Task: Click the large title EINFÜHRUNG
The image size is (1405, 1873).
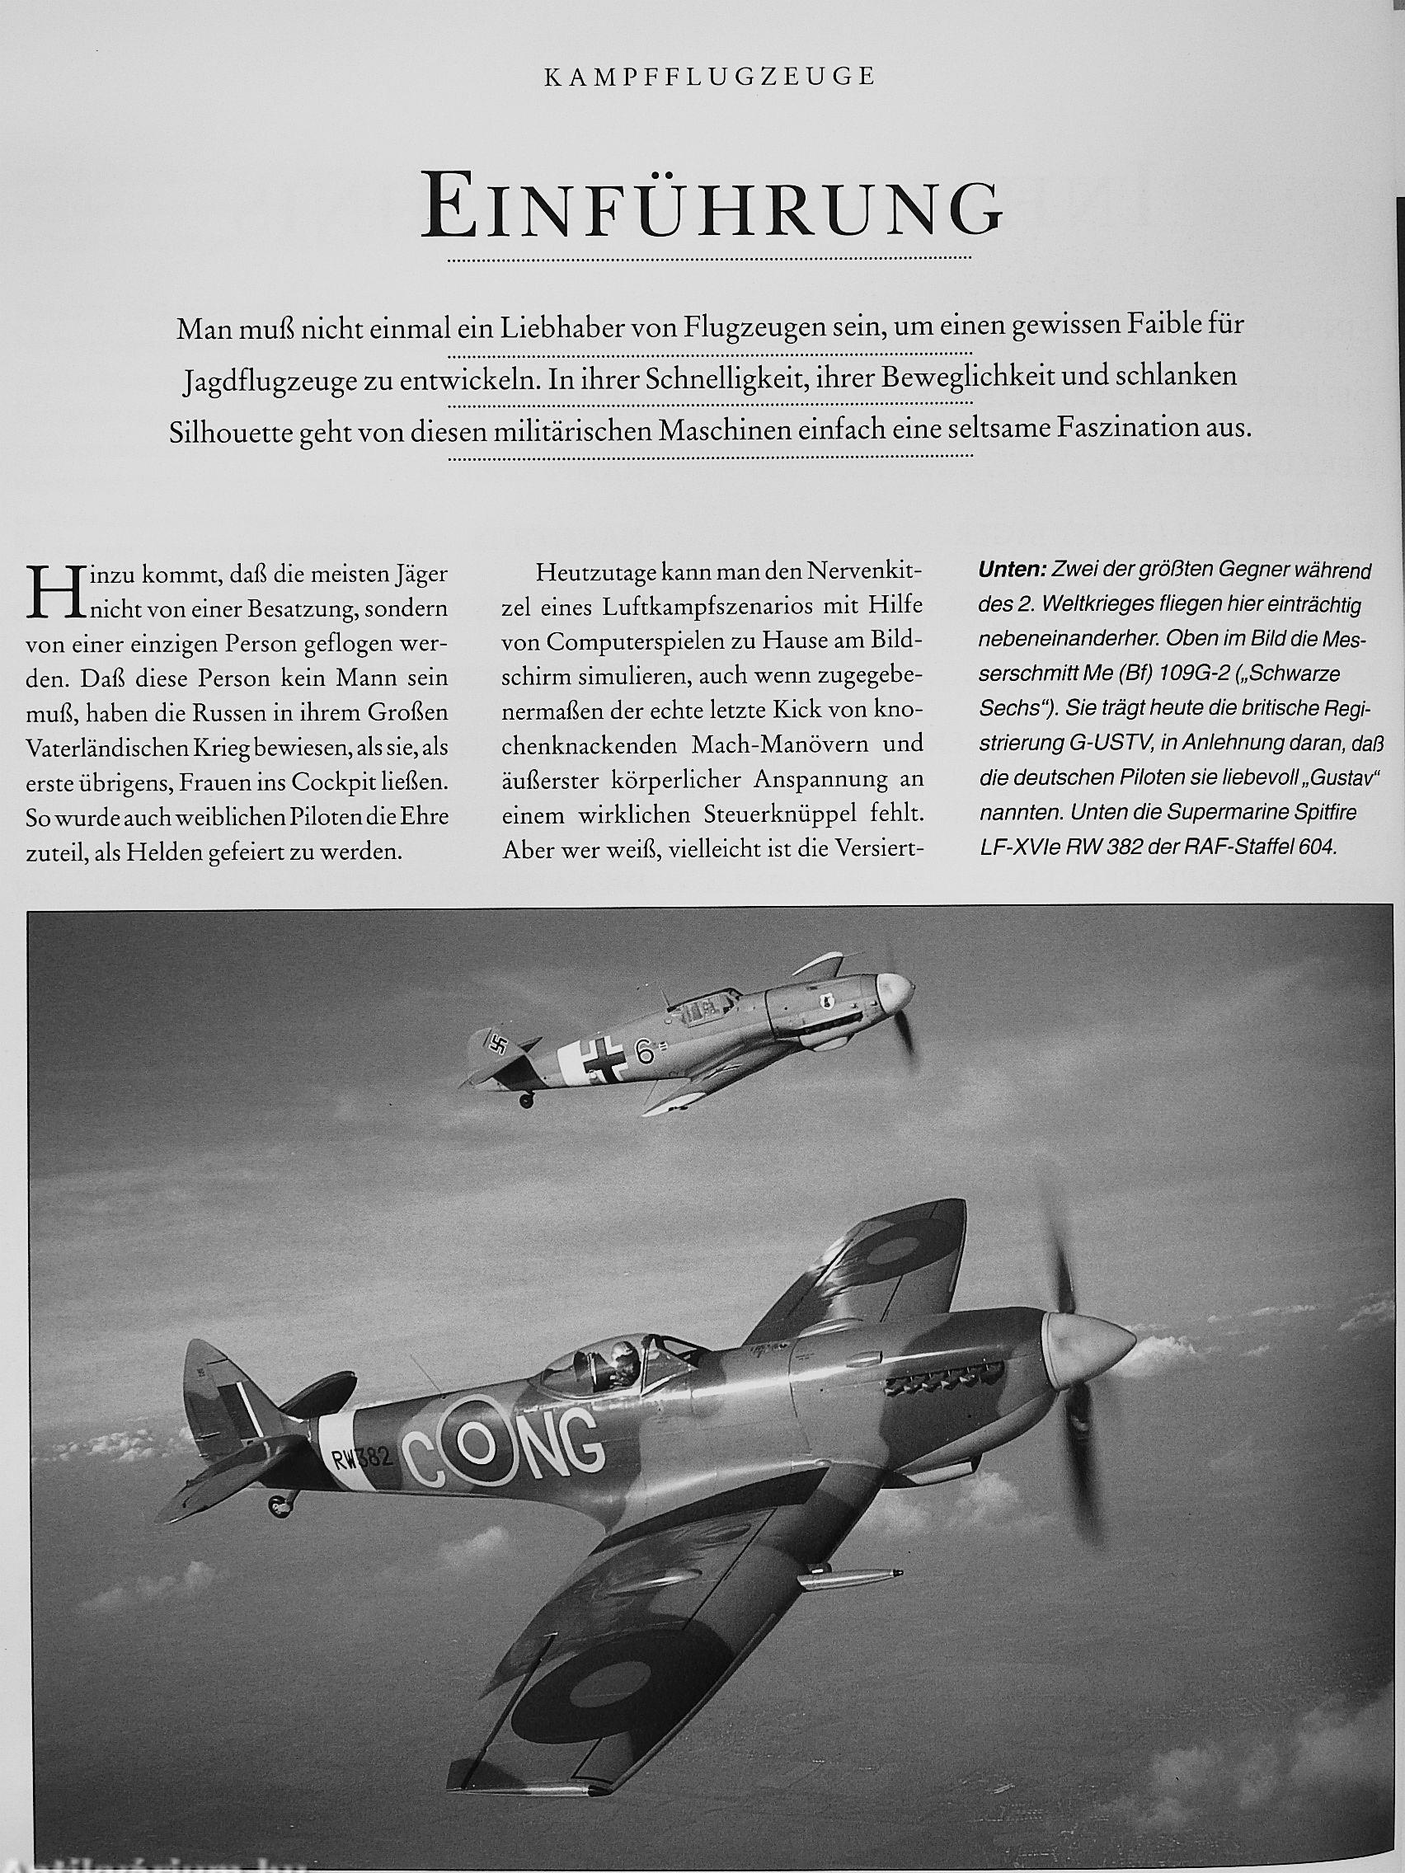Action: [x=712, y=207]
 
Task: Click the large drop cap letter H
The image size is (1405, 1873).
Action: [x=48, y=592]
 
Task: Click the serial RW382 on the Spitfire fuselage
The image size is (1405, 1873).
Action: [x=362, y=1458]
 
